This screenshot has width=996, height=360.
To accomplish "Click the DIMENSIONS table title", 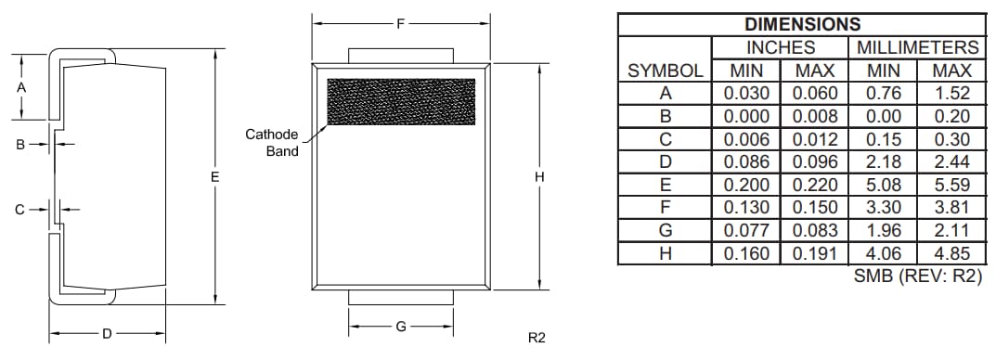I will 802,25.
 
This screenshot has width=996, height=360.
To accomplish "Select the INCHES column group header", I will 780,47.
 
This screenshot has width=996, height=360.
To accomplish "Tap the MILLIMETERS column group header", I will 916,47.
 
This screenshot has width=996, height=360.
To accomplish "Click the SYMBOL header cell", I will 665,71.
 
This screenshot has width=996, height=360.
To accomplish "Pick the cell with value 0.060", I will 814,93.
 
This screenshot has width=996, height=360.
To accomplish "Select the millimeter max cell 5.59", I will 951,184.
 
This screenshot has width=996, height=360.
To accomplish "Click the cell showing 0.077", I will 746,229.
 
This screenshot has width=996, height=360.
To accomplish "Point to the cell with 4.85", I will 951,252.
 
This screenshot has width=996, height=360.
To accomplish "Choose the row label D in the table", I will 665,161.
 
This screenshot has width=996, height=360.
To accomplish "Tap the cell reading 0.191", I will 814,252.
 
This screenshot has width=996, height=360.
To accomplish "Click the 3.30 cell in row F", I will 883,207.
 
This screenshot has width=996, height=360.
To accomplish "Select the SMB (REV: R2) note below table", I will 916,276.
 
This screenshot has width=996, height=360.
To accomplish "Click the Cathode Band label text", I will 271,142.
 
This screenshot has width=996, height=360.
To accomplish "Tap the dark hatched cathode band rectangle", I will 401,101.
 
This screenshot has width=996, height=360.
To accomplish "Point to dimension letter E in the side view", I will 214,175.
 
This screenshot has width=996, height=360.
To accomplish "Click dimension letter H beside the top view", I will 539,176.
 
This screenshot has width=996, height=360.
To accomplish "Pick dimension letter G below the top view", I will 401,327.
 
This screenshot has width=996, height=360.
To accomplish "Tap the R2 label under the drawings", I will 536,338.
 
